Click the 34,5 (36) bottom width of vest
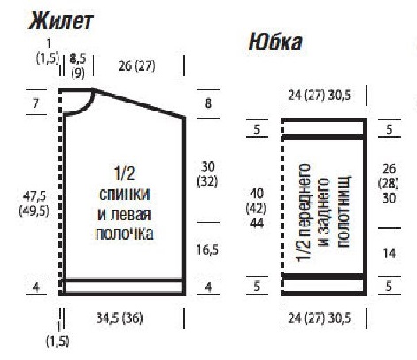(x=122, y=316)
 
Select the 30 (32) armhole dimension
(x=209, y=174)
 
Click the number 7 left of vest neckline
(x=36, y=103)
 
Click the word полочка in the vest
(x=124, y=234)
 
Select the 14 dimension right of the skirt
(x=390, y=252)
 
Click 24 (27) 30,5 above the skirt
(x=321, y=95)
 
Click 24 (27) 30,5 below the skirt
(x=321, y=317)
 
